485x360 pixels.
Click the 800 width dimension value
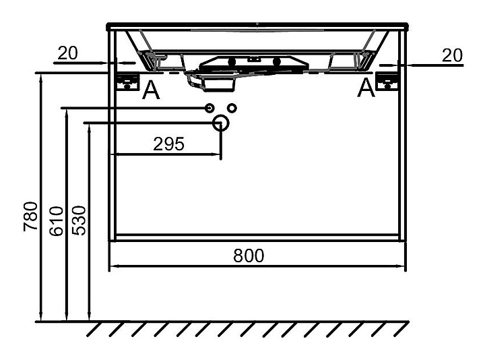[x=249, y=256]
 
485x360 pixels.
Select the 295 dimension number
[x=168, y=144]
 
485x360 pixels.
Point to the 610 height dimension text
[x=56, y=220]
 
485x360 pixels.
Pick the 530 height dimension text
[x=79, y=220]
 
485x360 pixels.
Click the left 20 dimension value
[x=67, y=54]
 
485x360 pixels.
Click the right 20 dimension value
[x=453, y=55]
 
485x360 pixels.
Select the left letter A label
[x=152, y=90]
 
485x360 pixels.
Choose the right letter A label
[x=366, y=88]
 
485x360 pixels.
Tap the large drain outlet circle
[x=220, y=123]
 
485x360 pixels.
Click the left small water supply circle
[x=209, y=108]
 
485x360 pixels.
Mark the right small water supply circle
[x=232, y=108]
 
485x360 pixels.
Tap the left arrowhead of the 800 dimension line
[x=113, y=267]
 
